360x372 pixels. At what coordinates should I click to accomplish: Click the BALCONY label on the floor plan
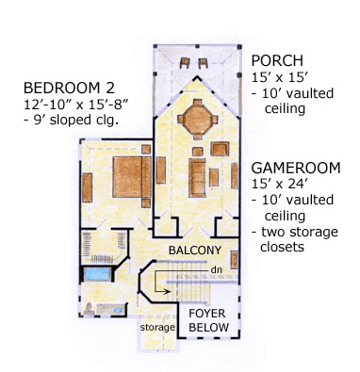194,251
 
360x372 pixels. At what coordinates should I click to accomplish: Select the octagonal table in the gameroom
197,120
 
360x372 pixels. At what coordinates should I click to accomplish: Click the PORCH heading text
276,59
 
